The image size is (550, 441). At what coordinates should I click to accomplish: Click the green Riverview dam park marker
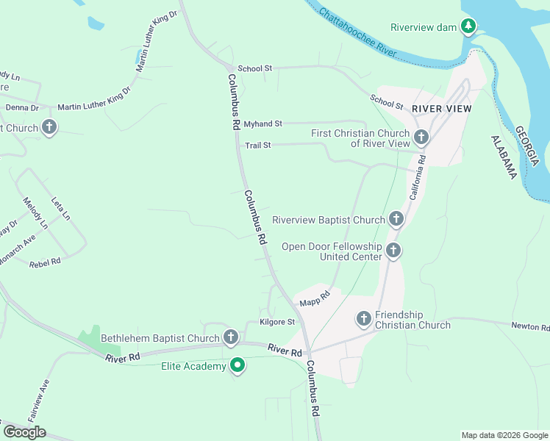click(x=468, y=26)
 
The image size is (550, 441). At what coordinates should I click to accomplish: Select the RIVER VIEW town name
click(x=441, y=108)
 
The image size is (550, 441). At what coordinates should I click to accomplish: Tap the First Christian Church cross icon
click(x=421, y=137)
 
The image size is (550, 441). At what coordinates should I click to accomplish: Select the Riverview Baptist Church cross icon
click(x=396, y=219)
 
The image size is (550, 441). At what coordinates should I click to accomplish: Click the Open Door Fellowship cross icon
click(x=393, y=251)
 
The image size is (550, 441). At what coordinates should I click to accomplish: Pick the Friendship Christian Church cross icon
click(x=364, y=319)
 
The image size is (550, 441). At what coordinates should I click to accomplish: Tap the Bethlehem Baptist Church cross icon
click(x=231, y=337)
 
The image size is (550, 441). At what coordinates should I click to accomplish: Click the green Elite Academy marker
click(x=238, y=365)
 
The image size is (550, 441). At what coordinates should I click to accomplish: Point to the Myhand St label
click(x=263, y=124)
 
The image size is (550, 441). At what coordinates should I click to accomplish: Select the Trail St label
click(x=258, y=146)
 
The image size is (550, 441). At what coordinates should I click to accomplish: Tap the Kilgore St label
click(x=277, y=322)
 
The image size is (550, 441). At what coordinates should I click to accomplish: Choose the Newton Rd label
click(x=530, y=326)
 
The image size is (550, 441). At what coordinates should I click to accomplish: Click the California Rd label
click(x=417, y=177)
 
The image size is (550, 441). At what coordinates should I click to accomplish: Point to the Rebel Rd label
click(x=45, y=262)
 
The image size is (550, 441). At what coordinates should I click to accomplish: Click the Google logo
click(x=24, y=431)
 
